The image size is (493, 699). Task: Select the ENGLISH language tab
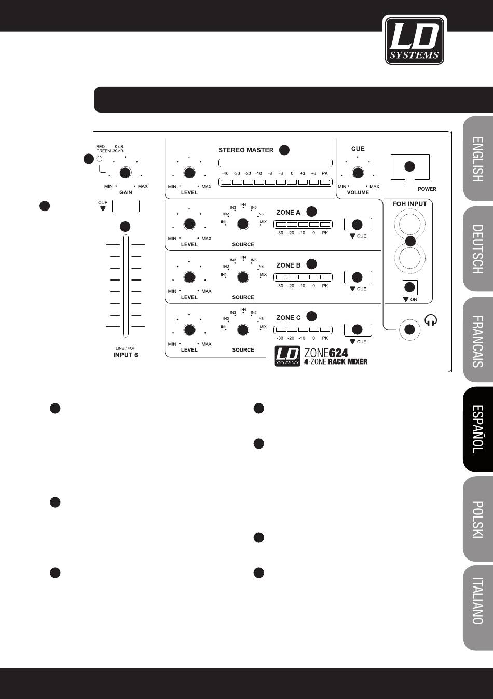click(477, 159)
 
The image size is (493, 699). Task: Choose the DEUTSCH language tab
click(477, 249)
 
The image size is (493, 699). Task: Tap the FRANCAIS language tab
click(477, 340)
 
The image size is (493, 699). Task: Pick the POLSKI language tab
click(477, 519)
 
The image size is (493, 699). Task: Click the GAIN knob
click(125, 173)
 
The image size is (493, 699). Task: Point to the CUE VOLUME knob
click(357, 173)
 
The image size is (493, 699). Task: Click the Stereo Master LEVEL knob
click(189, 173)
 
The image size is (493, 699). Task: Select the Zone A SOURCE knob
click(242, 224)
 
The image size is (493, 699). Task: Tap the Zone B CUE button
click(358, 277)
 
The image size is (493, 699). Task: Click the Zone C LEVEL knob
click(189, 330)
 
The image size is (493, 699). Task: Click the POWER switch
click(409, 166)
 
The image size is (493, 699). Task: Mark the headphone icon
click(431, 321)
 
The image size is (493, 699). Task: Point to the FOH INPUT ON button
click(410, 287)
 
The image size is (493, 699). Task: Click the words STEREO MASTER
click(245, 150)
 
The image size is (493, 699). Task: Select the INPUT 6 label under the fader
click(126, 355)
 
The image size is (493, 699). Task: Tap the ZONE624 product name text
click(326, 352)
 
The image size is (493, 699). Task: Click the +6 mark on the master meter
click(313, 173)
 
